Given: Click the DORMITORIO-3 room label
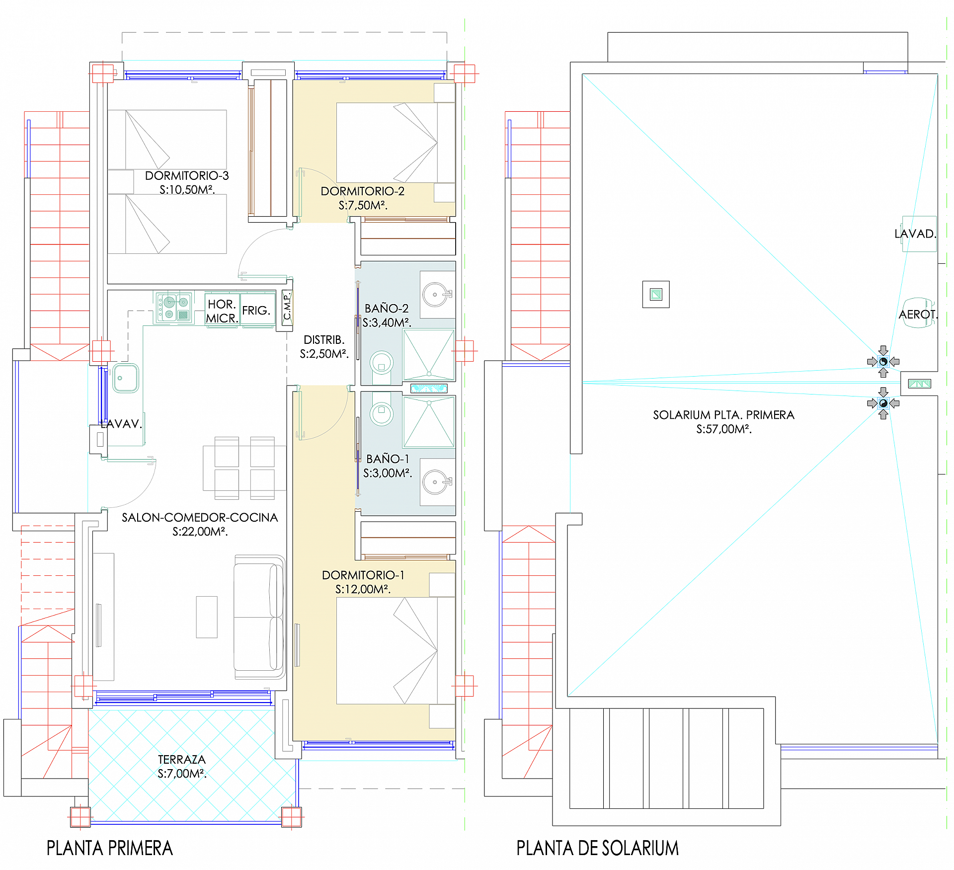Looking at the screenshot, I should coord(187,175).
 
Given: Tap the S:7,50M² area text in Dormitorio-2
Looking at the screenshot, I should coord(363,205).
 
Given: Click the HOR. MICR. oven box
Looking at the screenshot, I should coord(222,311).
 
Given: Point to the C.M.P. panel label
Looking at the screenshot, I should coord(287,308).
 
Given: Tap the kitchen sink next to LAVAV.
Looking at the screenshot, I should coord(126,378).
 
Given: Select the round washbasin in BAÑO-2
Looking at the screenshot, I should coord(435,295).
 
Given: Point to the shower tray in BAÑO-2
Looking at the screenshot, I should coord(429,355).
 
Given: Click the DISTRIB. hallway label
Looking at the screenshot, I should coord(324,340).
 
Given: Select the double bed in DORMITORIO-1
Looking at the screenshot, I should coord(395,650).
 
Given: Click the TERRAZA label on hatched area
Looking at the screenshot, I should coord(182,759).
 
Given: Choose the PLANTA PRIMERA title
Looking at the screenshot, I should coord(110,848).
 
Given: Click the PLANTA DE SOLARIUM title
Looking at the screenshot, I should coord(597,848).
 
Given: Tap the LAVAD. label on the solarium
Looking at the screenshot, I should coord(915,234).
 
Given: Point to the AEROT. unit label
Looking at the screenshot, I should coord(917,315).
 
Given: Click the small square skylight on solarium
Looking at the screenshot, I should coord(656,294).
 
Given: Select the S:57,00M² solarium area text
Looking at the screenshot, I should coord(723,429).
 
